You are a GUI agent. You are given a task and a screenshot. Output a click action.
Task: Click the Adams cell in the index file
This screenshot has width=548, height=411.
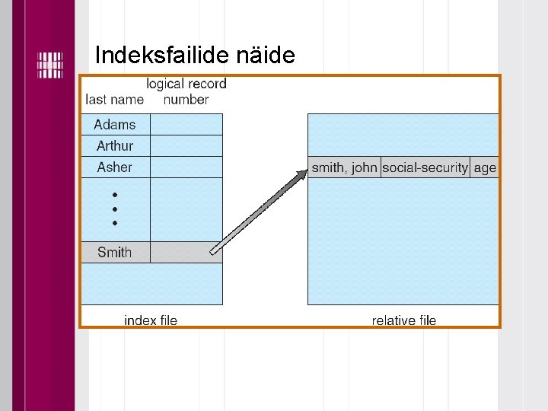(x=115, y=125)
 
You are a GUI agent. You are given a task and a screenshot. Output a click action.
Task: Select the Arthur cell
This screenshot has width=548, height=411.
(x=115, y=146)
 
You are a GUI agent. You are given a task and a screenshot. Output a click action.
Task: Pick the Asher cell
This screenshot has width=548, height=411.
(x=115, y=167)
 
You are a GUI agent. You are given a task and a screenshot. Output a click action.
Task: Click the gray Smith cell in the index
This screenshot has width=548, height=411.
(x=115, y=253)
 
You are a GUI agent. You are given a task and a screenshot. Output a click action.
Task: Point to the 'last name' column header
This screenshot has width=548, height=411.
(x=115, y=100)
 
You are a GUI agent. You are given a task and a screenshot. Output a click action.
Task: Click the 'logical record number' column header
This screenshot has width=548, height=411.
(x=186, y=91)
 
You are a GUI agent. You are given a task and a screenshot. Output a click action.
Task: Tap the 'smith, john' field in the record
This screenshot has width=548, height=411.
(x=344, y=168)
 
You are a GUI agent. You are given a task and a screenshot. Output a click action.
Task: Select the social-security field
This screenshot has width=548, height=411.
(x=425, y=168)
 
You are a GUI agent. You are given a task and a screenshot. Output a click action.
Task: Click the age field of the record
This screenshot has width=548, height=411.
(x=485, y=168)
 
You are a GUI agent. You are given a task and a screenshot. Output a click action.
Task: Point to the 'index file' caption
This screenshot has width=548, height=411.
(x=151, y=320)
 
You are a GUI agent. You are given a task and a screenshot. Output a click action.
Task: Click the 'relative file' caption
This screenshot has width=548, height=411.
(x=404, y=320)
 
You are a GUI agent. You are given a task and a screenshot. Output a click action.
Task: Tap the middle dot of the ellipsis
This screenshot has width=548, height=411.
(x=114, y=209)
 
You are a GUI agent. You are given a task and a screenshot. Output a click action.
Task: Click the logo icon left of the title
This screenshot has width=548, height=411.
(x=50, y=65)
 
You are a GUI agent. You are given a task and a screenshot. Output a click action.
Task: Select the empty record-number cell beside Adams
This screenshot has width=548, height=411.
(x=186, y=125)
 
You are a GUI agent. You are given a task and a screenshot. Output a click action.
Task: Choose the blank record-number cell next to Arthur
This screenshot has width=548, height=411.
(x=186, y=146)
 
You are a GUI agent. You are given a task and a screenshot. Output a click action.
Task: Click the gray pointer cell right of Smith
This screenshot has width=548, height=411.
(x=186, y=253)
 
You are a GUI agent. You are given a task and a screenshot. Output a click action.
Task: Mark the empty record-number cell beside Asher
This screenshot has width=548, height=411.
(x=186, y=167)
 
